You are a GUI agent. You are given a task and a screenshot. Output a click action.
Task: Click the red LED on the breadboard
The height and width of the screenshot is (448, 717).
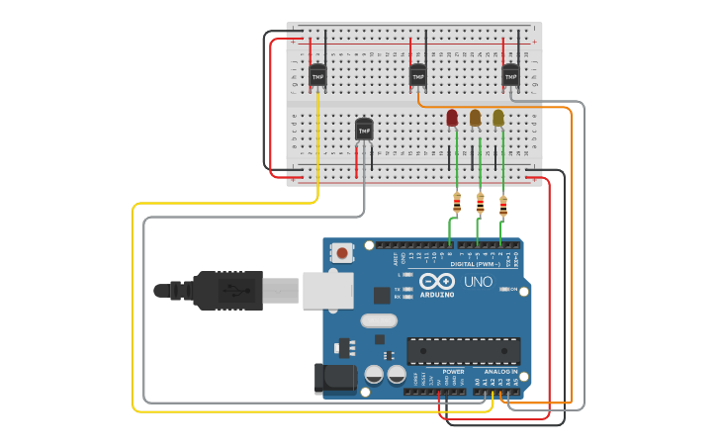[452, 119]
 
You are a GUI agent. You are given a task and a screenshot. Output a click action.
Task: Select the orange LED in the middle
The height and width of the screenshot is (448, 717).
[476, 119]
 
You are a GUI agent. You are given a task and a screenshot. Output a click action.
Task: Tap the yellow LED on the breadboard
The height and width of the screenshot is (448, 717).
[498, 119]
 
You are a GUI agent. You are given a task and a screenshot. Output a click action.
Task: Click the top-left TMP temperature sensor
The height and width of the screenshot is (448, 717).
[317, 75]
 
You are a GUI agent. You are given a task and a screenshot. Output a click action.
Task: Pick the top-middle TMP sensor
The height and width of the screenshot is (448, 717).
[417, 75]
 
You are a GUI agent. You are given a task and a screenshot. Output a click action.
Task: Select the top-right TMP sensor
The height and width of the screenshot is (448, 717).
[510, 74]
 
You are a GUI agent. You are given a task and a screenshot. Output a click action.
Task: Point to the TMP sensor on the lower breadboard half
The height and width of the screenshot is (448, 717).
[364, 130]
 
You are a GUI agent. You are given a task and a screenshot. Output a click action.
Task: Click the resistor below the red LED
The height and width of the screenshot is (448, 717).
[457, 204]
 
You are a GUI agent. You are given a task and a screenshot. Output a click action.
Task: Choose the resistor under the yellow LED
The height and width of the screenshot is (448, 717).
[503, 207]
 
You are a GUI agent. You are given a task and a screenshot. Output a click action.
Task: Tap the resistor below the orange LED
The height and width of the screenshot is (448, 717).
[481, 205]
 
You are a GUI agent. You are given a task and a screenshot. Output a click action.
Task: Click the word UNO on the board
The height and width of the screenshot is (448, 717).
[479, 282]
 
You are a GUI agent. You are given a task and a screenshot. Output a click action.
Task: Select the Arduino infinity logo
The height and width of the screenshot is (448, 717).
[436, 281]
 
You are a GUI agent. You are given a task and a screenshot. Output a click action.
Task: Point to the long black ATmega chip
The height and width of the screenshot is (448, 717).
[463, 350]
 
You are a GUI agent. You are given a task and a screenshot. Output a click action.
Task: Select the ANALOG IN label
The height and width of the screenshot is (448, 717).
[500, 372]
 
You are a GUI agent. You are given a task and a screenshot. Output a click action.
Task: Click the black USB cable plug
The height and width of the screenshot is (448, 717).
[227, 290]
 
